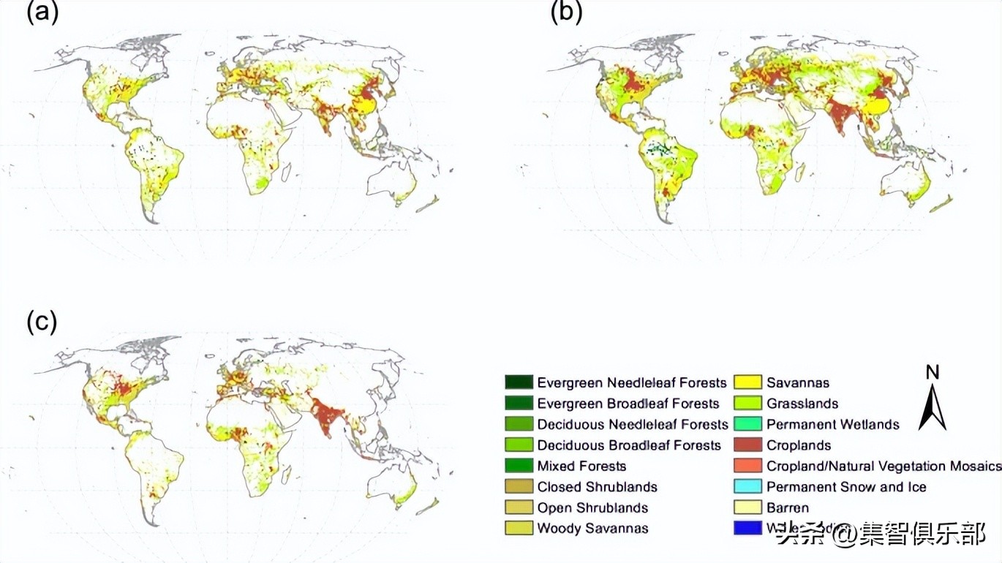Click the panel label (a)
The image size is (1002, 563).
pos(42,12)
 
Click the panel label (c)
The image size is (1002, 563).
pos(42,322)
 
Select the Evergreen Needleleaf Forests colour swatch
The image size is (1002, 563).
pos(518,382)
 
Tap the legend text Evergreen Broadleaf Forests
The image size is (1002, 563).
pos(628,404)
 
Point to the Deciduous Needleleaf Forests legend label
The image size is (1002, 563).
pos(633,424)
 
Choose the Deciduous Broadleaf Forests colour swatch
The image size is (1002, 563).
pos(518,445)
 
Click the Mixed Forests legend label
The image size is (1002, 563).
pos(581,466)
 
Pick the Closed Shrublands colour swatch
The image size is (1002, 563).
pos(518,486)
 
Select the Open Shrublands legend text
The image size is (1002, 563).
pos(592,507)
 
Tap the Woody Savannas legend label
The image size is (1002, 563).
pos(592,528)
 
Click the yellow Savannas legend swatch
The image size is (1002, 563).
pos(747,382)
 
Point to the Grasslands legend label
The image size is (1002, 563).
pos(802,404)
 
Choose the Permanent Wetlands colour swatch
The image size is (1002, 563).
pos(747,424)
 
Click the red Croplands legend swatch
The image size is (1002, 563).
pos(747,445)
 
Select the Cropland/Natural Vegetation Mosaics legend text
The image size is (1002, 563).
pos(884,466)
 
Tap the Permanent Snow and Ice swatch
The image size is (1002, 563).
pos(747,486)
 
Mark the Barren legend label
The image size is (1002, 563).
pos(788,507)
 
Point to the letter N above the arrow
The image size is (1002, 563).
pos(933,373)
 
